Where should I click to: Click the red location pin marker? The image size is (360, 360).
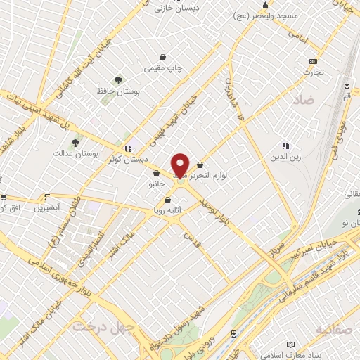click(x=180, y=166)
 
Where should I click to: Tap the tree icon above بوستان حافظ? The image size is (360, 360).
click(x=118, y=79)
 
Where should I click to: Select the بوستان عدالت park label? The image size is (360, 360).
click(x=77, y=153)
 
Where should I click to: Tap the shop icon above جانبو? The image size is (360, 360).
click(x=155, y=172)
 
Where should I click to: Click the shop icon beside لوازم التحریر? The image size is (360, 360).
click(x=200, y=165)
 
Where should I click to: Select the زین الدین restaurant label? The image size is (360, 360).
click(x=286, y=157)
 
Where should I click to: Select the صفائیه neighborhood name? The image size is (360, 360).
click(x=335, y=328)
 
